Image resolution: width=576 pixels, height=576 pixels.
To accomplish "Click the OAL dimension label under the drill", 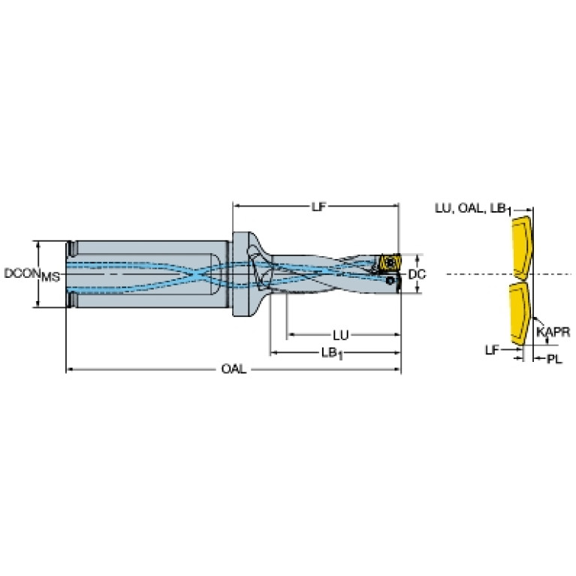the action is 234,369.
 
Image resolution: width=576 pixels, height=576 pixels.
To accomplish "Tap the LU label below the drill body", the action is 340,335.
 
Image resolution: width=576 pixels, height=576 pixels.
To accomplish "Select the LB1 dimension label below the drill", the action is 332,354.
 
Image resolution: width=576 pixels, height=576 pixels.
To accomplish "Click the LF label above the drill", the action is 318,207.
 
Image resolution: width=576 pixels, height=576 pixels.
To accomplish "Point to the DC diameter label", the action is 417,274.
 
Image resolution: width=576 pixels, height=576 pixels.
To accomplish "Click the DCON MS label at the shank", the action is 32,274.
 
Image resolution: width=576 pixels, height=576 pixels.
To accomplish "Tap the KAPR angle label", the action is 553,332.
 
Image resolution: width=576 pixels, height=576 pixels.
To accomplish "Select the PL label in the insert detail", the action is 554,358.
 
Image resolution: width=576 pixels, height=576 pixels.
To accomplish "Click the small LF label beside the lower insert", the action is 492,350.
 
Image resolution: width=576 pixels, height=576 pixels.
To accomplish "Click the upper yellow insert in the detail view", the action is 521,248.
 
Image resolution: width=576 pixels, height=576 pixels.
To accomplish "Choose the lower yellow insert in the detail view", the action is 520,314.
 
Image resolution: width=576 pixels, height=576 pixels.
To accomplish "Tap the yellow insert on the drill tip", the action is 390,262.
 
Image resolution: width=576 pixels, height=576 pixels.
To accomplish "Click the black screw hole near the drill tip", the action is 390,281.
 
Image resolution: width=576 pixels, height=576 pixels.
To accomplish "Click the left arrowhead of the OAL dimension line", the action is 69,369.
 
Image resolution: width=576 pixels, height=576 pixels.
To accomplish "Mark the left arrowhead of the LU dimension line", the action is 291,335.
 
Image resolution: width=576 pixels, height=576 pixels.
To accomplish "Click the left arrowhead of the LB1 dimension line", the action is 273,353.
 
